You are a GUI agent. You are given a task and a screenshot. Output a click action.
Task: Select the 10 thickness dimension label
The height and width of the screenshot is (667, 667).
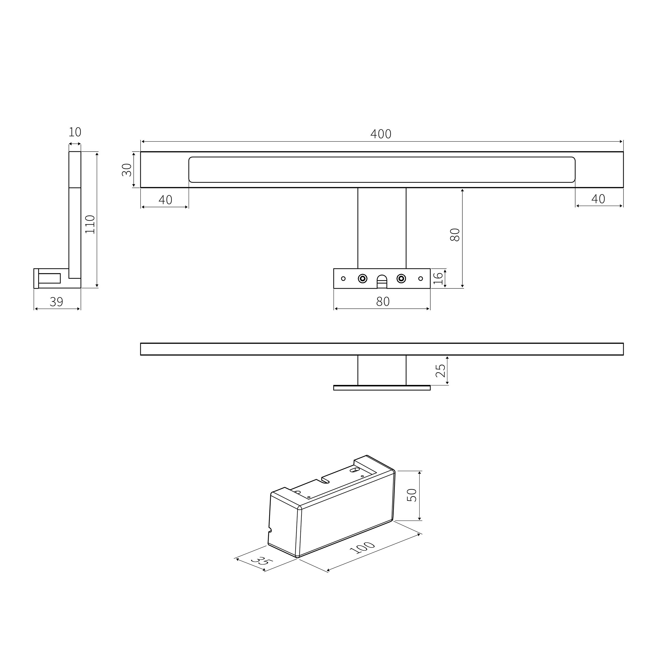(x=75, y=132)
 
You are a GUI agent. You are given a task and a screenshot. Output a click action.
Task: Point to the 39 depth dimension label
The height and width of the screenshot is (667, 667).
(x=57, y=302)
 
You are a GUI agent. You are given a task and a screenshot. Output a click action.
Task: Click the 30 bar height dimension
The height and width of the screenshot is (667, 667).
(x=127, y=169)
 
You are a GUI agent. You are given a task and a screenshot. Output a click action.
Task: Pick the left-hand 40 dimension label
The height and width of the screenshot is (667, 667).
(x=165, y=200)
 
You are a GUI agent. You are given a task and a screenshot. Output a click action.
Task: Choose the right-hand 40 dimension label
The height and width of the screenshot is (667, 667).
(x=598, y=199)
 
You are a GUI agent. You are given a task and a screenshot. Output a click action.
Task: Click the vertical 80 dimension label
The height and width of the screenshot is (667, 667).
(x=455, y=235)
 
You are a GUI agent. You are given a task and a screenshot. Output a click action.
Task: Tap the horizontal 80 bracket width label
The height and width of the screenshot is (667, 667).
(x=383, y=302)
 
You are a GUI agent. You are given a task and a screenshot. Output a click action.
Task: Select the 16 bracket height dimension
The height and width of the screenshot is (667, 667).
(x=438, y=278)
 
